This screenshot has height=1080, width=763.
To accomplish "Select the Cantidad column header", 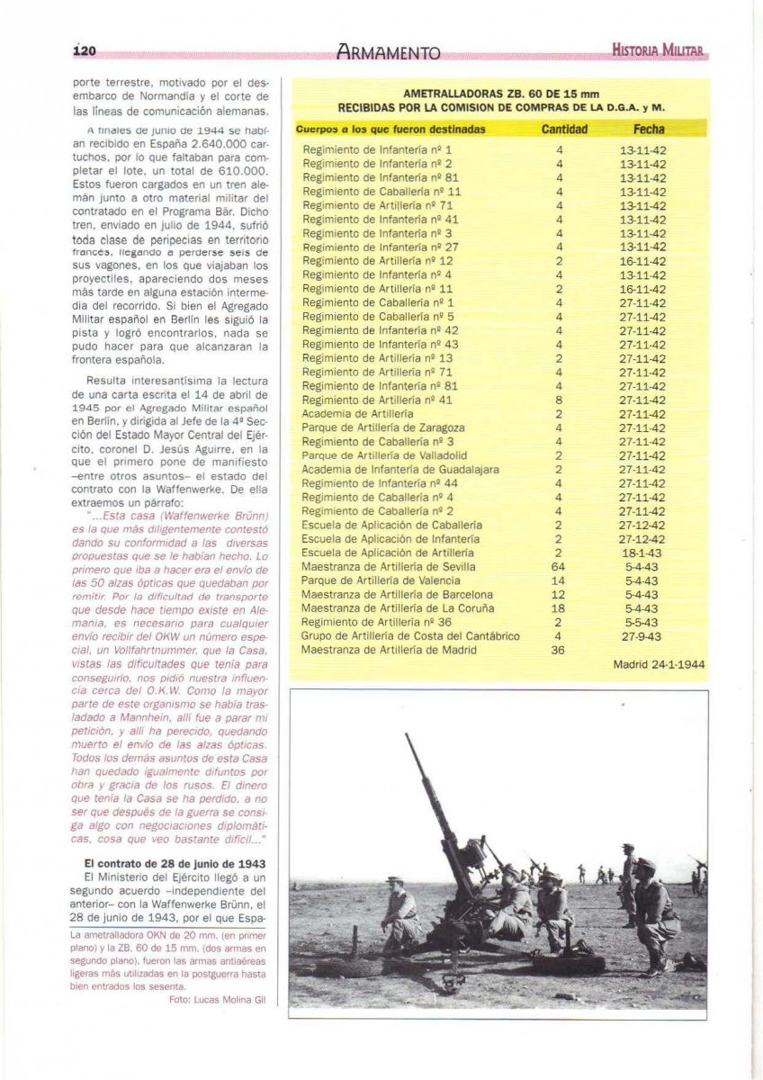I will point(564,130).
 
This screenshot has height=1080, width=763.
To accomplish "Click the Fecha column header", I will point(649,130).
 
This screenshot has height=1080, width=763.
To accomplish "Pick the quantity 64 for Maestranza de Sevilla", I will point(559,567).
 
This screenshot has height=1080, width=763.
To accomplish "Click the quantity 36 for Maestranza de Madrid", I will point(559,650).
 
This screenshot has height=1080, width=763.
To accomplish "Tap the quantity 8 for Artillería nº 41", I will point(559,400).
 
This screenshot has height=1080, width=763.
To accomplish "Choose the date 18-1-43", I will point(642,553).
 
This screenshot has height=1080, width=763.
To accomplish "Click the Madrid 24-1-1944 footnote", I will point(659,666).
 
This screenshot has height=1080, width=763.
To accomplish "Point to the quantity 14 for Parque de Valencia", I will point(559,580).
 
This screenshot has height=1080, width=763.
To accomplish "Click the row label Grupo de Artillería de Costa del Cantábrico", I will point(410,636).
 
